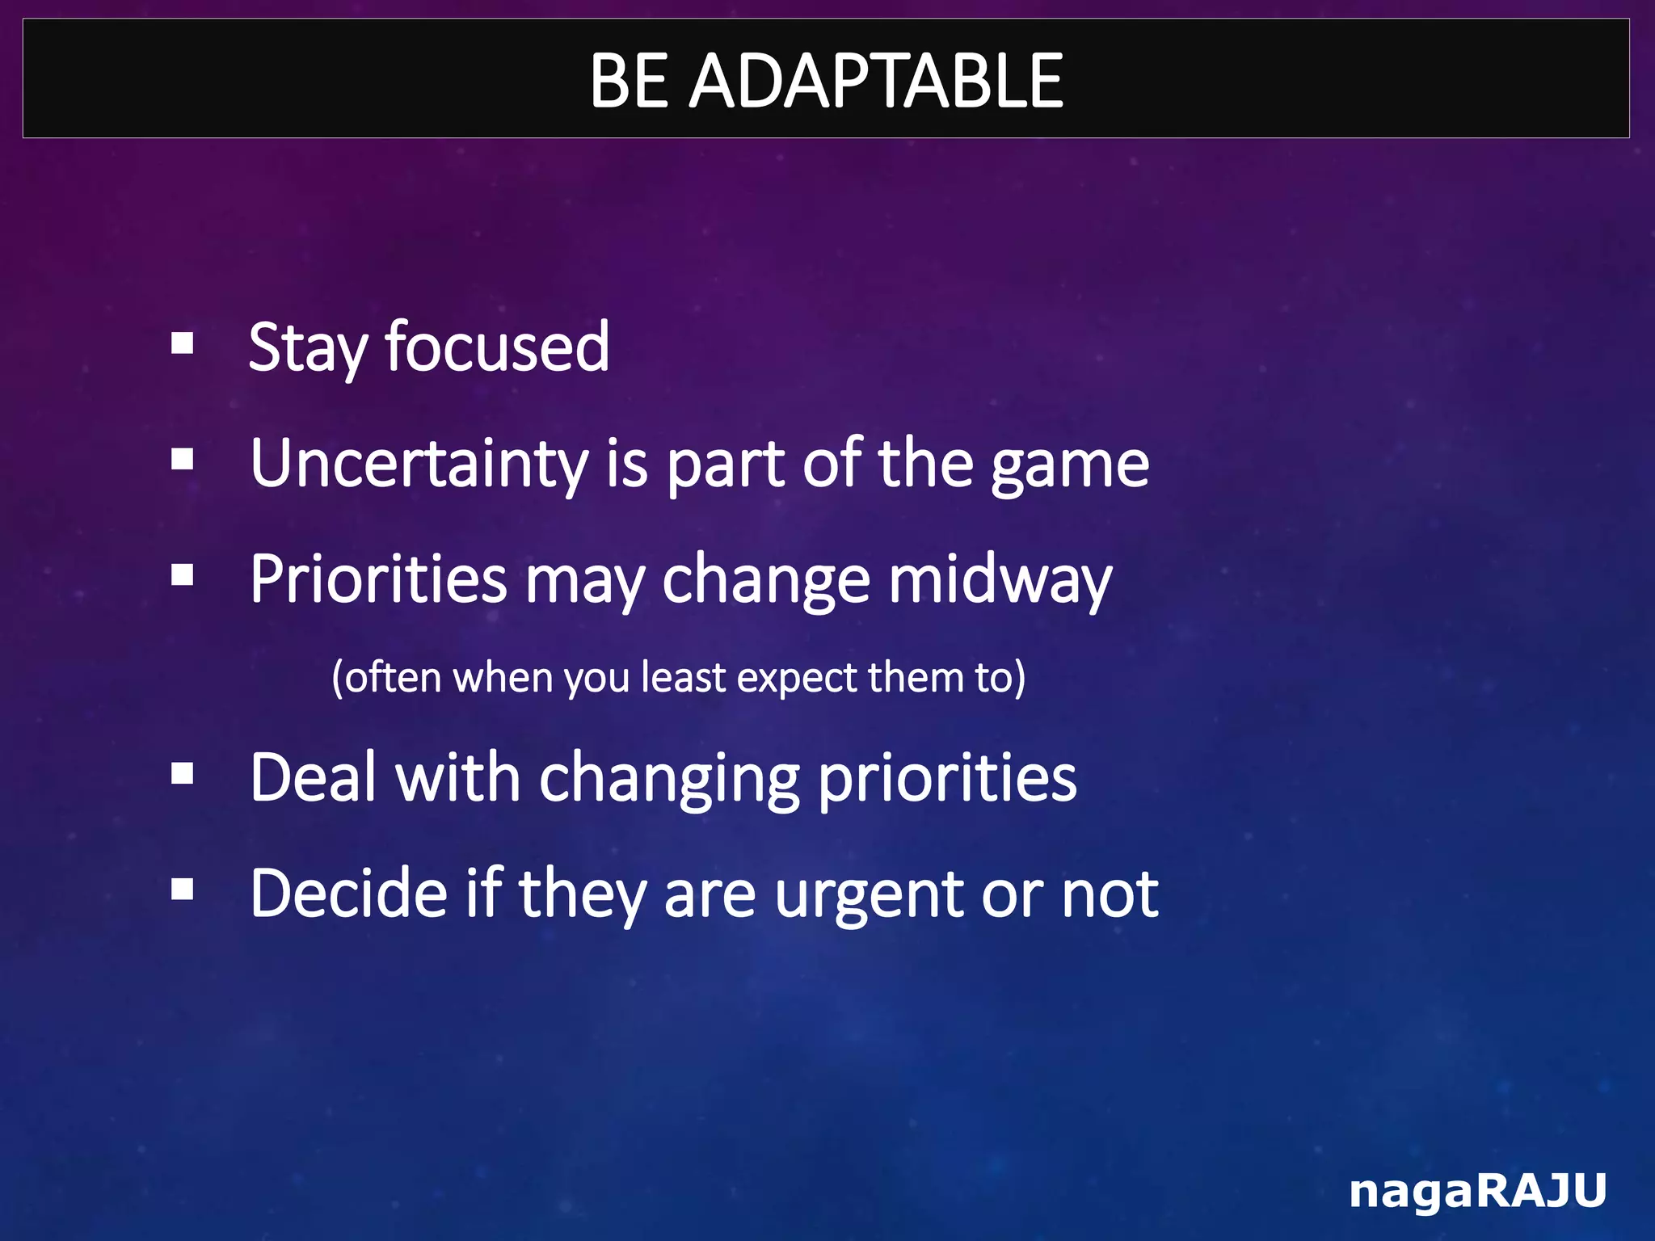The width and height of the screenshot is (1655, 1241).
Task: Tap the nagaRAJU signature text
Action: tap(1477, 1190)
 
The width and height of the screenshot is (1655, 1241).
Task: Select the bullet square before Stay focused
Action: tap(183, 343)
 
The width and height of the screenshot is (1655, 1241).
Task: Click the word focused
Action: tap(497, 347)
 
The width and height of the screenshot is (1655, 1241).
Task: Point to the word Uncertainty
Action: tap(419, 465)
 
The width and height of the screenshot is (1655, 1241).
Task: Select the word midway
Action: tap(1000, 581)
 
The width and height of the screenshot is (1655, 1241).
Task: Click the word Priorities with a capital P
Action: tap(378, 579)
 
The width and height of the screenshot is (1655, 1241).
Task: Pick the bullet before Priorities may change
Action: tap(183, 575)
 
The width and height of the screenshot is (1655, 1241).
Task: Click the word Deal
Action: tap(314, 777)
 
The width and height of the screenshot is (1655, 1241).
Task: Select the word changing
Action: tap(669, 779)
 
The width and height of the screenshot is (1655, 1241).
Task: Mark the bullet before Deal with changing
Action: tap(183, 773)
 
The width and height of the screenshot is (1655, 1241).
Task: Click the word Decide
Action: tap(348, 894)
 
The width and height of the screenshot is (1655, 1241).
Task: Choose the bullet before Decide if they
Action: tap(183, 890)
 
